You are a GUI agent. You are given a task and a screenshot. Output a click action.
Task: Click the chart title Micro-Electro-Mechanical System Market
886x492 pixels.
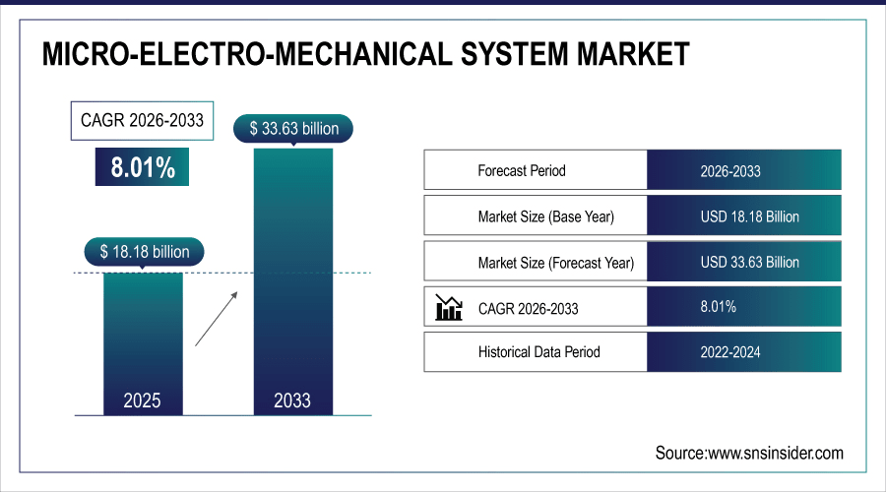365,53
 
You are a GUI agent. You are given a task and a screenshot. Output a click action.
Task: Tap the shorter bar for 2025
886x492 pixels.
143,335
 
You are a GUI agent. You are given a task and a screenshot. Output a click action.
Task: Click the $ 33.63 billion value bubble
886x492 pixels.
292,128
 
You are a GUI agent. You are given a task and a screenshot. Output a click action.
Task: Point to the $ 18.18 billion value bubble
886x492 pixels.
144,252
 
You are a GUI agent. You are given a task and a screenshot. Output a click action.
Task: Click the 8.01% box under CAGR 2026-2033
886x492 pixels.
143,167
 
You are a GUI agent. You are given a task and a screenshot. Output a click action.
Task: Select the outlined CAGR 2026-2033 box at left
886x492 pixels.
143,121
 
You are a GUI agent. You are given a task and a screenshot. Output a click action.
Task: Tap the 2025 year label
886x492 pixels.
143,400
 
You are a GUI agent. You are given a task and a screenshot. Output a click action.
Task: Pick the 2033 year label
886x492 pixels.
292,400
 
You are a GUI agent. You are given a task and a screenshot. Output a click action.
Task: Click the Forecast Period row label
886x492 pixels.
522,170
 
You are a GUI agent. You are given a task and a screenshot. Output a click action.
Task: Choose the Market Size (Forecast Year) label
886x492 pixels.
555,263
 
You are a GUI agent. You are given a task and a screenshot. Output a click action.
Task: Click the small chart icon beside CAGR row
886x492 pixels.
449,308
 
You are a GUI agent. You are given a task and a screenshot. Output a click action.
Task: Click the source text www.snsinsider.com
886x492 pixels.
749,453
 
